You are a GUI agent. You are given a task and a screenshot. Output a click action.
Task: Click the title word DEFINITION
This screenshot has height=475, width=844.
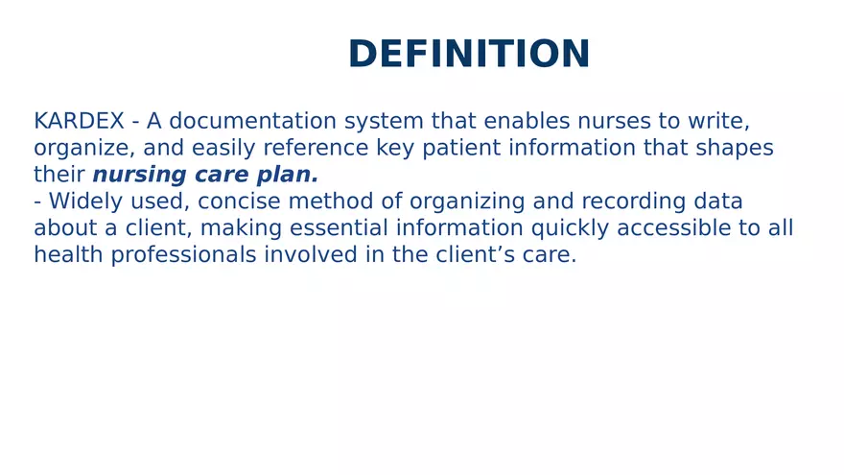coord(469,55)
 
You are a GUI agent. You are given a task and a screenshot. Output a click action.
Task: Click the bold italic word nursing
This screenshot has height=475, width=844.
coord(133,176)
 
